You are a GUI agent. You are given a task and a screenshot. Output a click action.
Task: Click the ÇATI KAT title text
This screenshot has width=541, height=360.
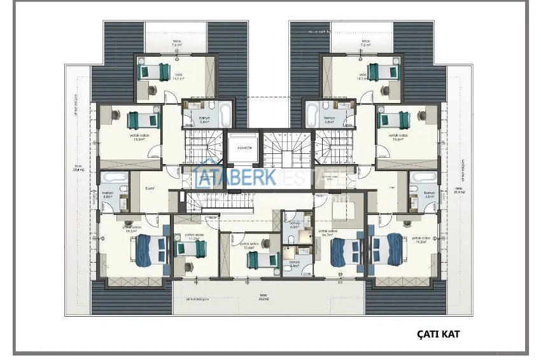click(439, 333)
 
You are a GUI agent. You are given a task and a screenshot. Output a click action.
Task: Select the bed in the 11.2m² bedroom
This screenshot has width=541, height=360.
click(191, 248)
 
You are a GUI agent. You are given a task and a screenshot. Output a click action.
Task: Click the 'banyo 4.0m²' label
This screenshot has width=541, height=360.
click(295, 225)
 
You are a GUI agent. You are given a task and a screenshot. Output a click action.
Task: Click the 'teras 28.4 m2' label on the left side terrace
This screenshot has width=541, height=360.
click(78, 169)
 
